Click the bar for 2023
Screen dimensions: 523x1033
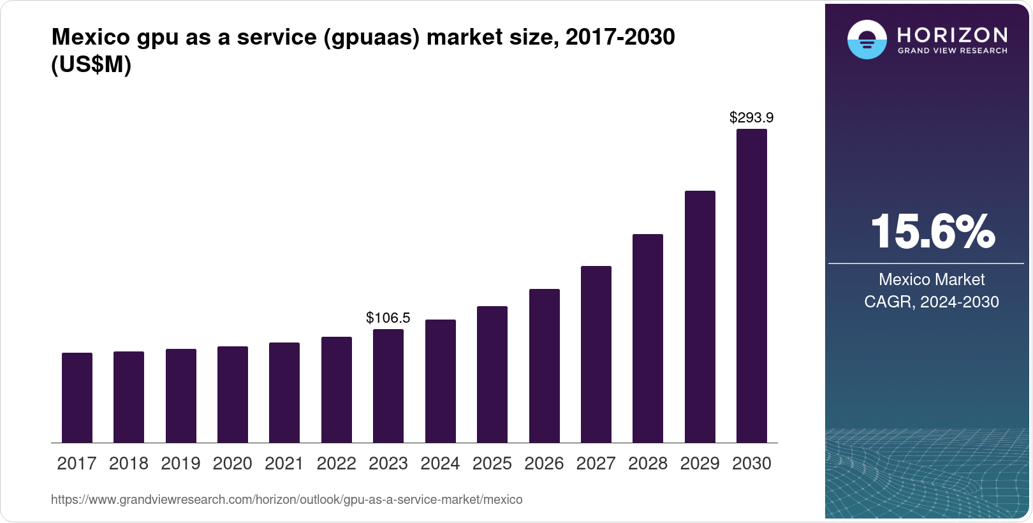(x=388, y=386)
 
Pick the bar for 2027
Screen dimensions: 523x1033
(x=596, y=354)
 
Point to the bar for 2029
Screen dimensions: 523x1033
(x=700, y=316)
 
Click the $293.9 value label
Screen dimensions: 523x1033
(x=751, y=117)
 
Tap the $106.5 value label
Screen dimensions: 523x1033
(x=388, y=318)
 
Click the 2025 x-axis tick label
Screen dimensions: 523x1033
(x=492, y=464)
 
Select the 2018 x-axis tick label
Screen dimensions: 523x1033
(x=128, y=464)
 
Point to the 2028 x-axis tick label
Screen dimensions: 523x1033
(x=647, y=464)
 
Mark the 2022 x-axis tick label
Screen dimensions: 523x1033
(x=336, y=464)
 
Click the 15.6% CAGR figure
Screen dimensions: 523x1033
(x=932, y=232)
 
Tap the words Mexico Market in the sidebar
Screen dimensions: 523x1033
(x=932, y=279)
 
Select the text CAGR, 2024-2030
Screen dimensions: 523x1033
(x=932, y=302)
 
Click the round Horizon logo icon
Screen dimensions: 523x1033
(x=867, y=40)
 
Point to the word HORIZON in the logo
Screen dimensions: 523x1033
(x=952, y=34)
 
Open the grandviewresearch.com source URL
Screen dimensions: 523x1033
(x=286, y=499)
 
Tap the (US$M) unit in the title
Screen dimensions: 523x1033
(x=91, y=64)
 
